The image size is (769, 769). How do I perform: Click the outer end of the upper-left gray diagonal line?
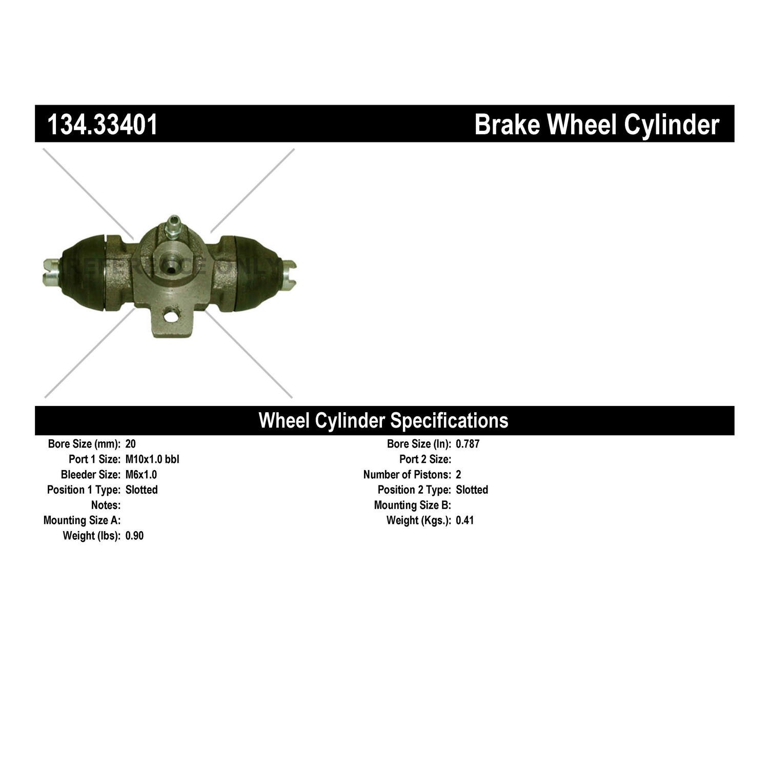(44, 149)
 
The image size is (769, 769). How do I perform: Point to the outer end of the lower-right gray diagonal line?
(292, 397)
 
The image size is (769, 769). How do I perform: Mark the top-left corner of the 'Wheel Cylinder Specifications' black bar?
(35, 406)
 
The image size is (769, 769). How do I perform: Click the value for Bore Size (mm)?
(130, 444)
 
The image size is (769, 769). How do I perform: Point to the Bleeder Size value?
(141, 475)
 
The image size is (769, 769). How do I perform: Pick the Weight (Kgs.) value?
(465, 521)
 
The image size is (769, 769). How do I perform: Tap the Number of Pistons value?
(458, 475)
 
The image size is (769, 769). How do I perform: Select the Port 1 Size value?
(152, 459)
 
